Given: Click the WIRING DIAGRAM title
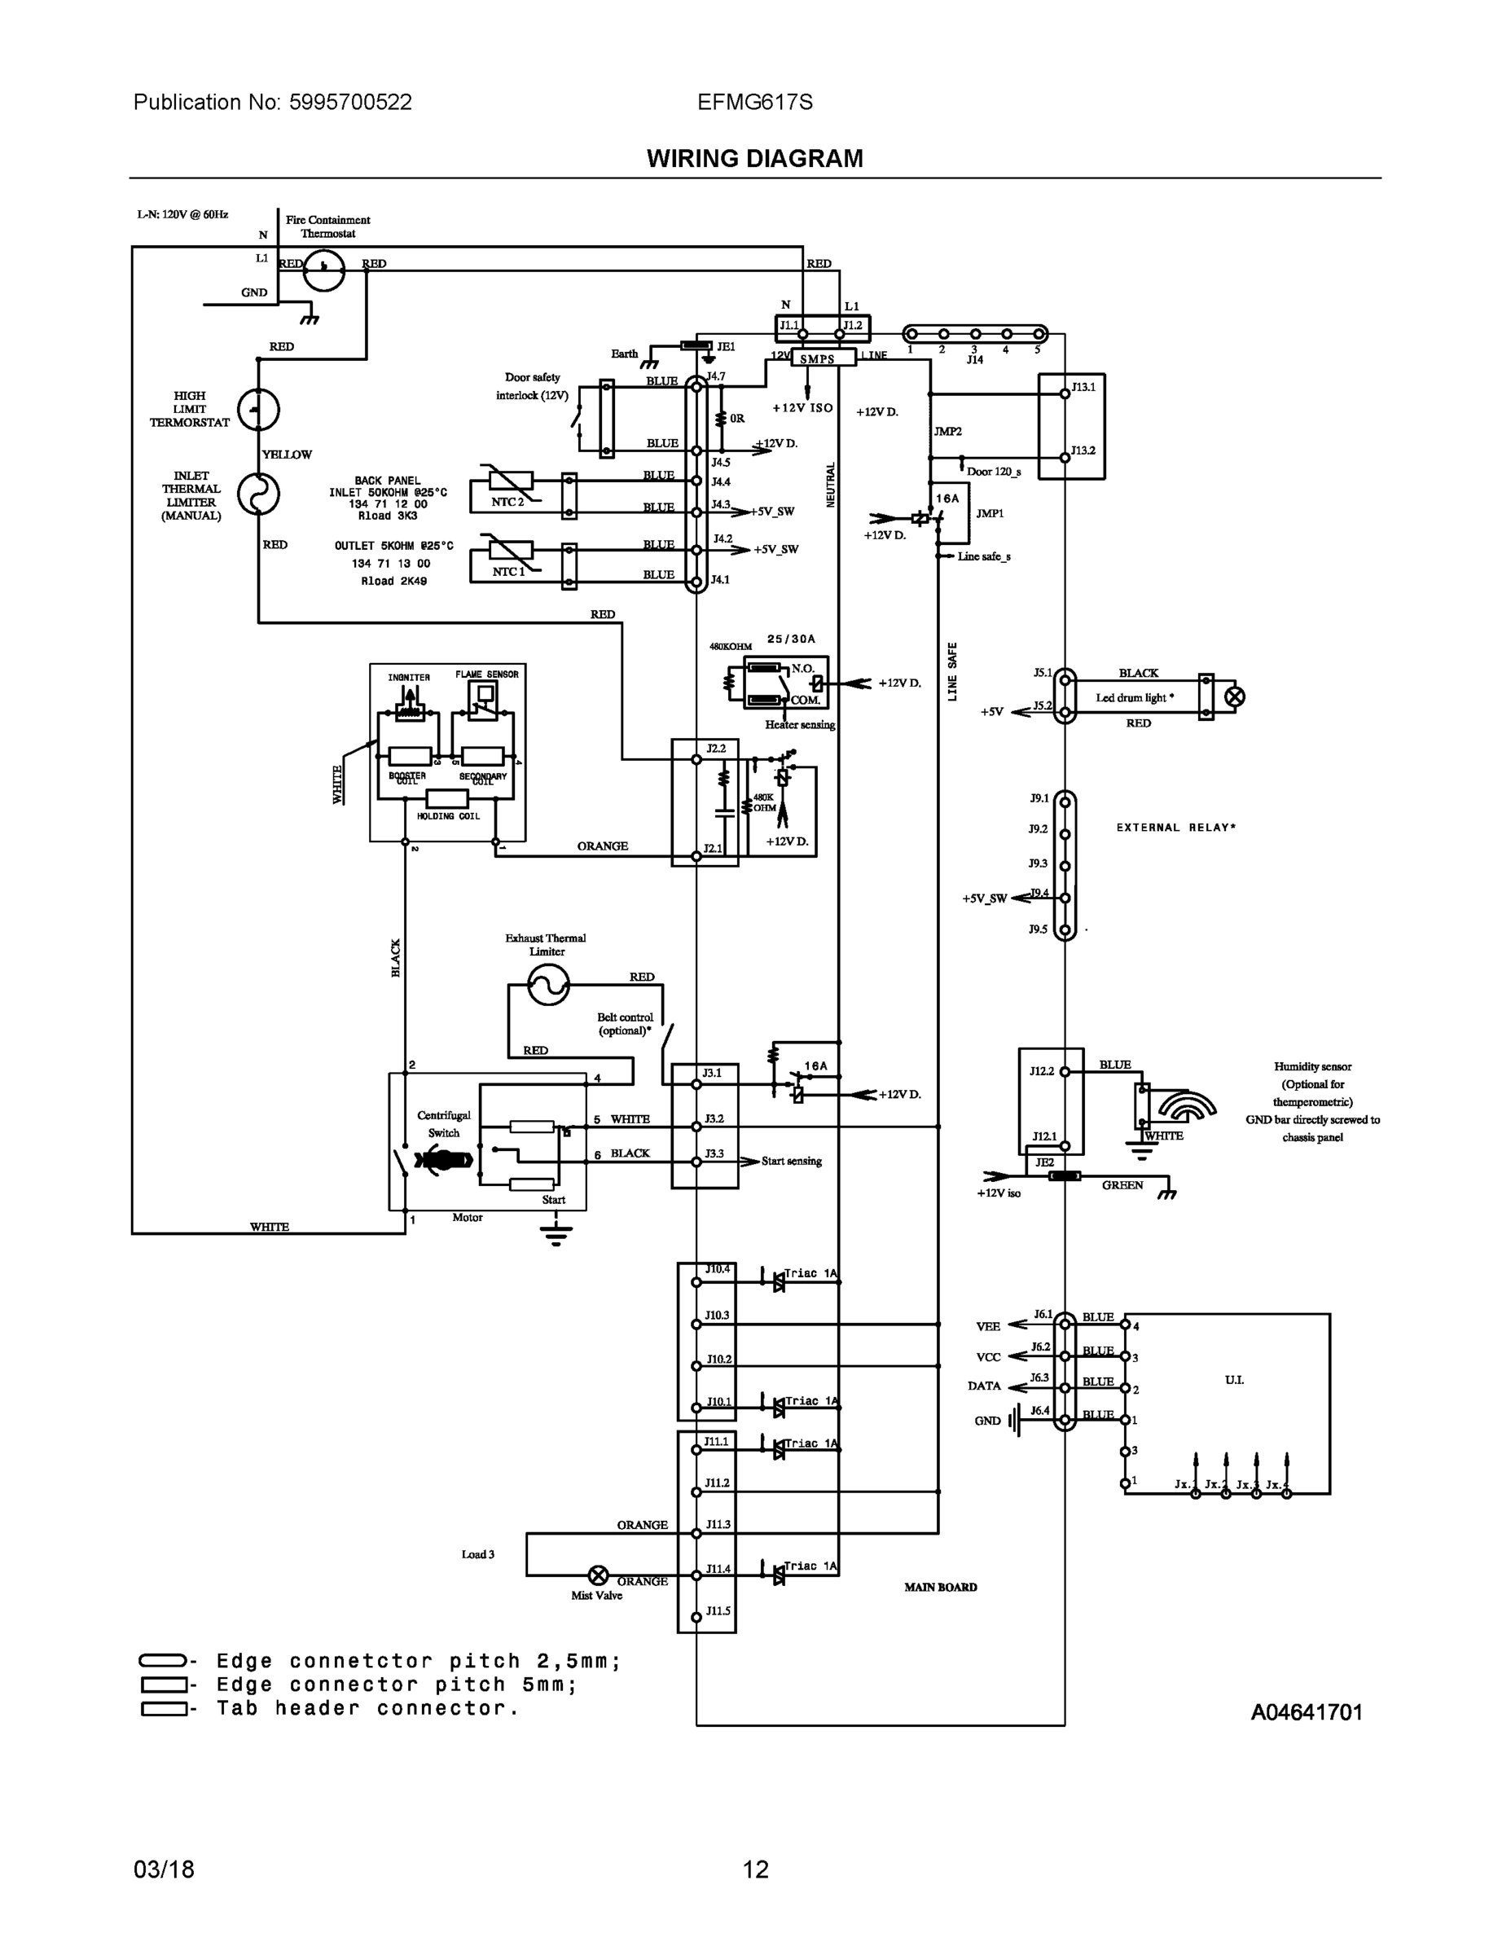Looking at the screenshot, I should [x=754, y=159].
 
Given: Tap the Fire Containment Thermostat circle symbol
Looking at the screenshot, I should [x=323, y=269].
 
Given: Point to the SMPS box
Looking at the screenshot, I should [x=816, y=359].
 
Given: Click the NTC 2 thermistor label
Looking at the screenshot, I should [x=507, y=502].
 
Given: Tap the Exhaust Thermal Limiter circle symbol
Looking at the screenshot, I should [x=547, y=986].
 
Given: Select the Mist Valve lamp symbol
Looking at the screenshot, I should [x=598, y=1575].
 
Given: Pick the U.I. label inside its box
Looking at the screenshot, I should [x=1233, y=1379].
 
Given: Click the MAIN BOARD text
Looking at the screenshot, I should [x=940, y=1587].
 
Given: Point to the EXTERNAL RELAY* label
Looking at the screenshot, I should [x=1175, y=827].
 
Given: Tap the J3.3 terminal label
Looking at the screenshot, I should [x=714, y=1153].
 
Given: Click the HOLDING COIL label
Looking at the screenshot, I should [x=447, y=816].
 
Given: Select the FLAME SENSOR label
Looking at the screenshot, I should [x=486, y=674].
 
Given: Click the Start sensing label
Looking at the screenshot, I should [x=791, y=1161].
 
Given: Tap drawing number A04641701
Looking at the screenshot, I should [x=1306, y=1712].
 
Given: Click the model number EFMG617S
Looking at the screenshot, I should [x=754, y=102].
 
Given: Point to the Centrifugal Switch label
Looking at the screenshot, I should [x=443, y=1123].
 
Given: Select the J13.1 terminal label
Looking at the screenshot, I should [x=1083, y=387].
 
